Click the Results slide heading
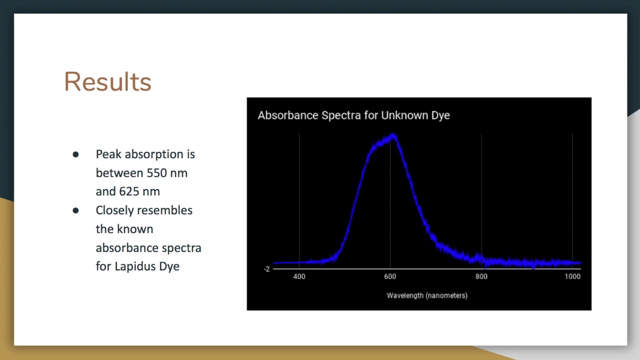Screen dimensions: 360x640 coord(107,81)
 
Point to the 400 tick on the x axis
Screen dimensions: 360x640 coord(299,276)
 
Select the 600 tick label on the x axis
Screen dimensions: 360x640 coord(390,276)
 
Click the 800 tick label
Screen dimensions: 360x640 coord(481,276)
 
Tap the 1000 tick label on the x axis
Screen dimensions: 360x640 coord(572,276)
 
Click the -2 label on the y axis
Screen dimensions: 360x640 coord(266,269)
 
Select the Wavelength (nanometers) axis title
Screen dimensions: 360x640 coord(427,295)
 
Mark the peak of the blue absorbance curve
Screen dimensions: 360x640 coord(393,136)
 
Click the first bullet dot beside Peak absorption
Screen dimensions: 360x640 coord(75,154)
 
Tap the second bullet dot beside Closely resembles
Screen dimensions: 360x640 coord(75,210)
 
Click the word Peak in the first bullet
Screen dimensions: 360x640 coord(108,154)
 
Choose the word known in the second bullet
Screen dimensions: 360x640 coord(135,229)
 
